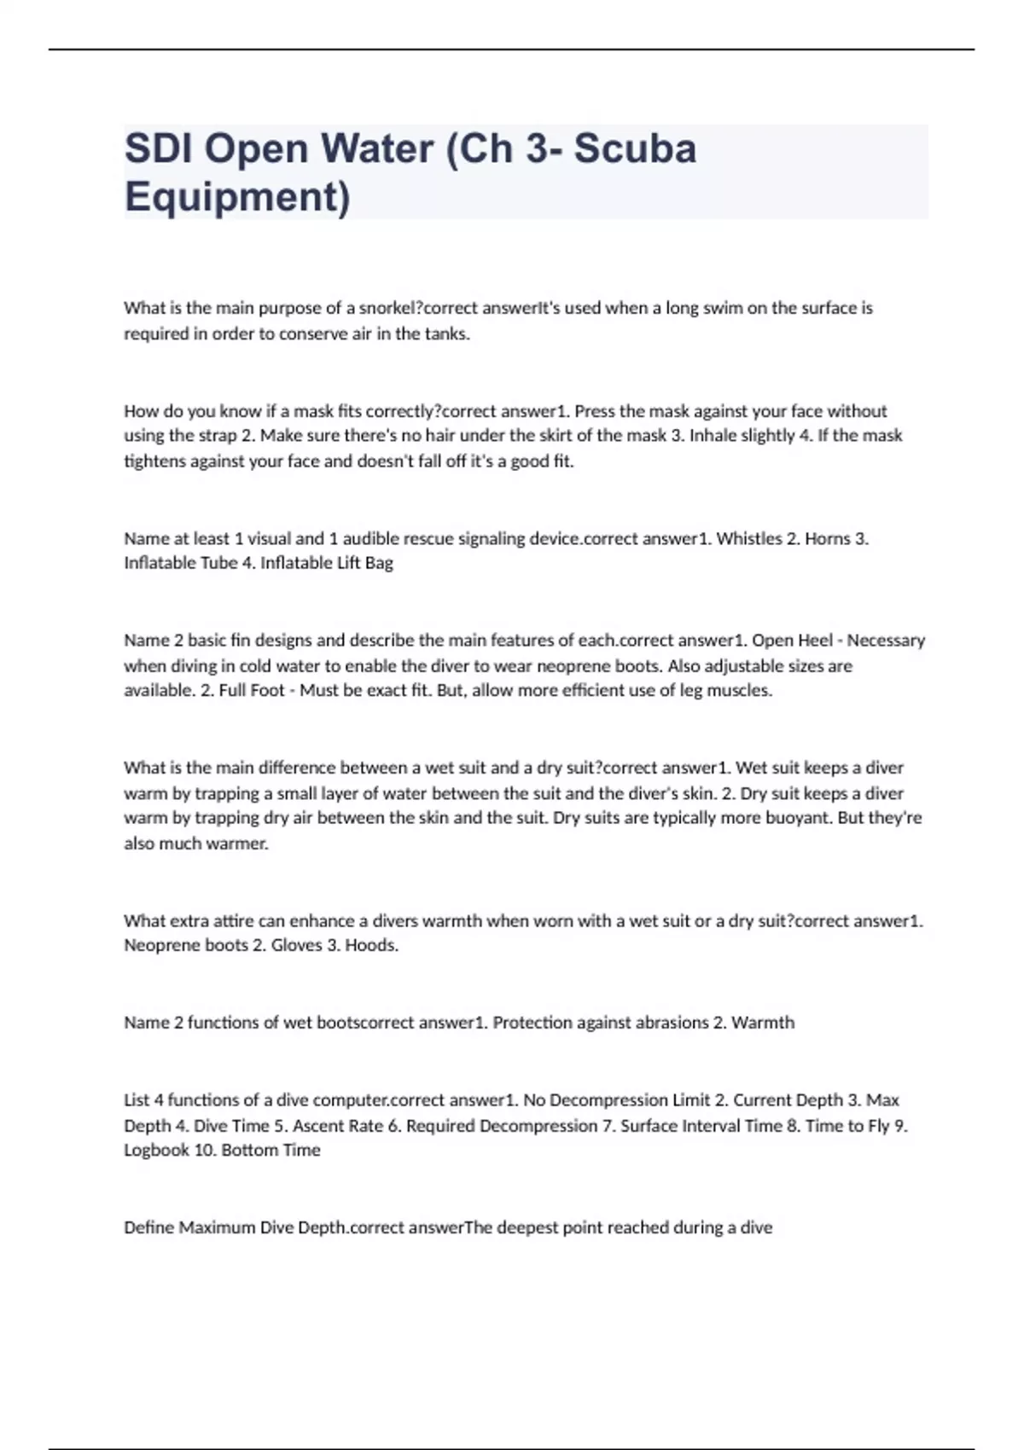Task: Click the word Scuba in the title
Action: (x=635, y=148)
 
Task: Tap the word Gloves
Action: (x=296, y=945)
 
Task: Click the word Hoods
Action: (x=371, y=945)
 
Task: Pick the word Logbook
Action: (x=156, y=1151)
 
